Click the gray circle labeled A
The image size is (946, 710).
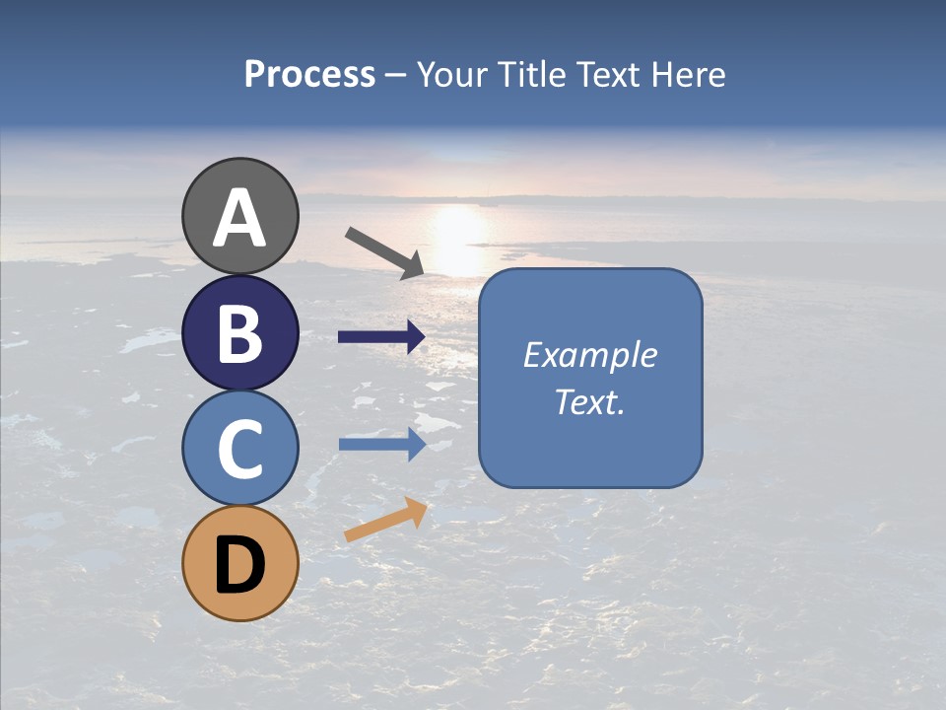(239, 216)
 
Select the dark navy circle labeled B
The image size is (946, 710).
(239, 332)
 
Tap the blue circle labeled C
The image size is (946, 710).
(239, 448)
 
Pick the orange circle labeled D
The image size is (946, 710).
(239, 563)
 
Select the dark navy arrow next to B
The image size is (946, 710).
(381, 337)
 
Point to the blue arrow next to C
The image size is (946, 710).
(381, 444)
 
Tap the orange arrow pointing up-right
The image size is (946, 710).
(385, 520)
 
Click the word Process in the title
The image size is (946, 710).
(309, 74)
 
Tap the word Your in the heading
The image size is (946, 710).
(451, 74)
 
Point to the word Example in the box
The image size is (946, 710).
(590, 355)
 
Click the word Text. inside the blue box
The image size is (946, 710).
(590, 402)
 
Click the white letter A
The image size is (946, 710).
(239, 219)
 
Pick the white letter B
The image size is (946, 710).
(239, 333)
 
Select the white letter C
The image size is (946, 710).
(239, 449)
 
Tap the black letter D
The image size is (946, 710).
(239, 565)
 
